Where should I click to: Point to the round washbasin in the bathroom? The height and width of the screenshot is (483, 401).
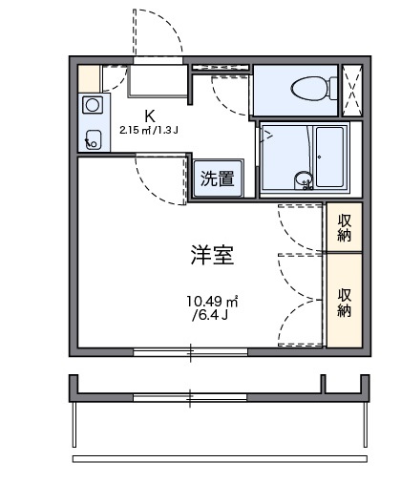point(303,178)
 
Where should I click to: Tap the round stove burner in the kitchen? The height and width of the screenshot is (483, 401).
point(94,105)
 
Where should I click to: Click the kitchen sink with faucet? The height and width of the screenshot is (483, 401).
point(94,138)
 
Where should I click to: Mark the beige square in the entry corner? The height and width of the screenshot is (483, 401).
point(88,76)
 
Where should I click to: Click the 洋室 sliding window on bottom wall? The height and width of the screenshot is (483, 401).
point(191,352)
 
